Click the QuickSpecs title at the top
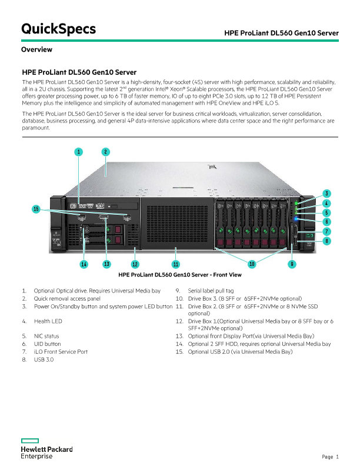click(x=58, y=29)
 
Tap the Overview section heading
click(x=36, y=49)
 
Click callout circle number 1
click(x=78, y=152)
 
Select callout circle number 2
click(x=105, y=152)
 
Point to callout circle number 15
click(x=36, y=209)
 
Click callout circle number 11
click(x=175, y=264)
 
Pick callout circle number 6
click(x=326, y=221)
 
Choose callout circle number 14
click(x=84, y=264)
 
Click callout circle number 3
click(x=326, y=194)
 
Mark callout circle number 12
click(x=135, y=264)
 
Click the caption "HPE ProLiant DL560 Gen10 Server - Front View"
click(x=180, y=275)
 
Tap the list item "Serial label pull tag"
click(x=211, y=291)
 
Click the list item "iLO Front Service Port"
click(x=61, y=351)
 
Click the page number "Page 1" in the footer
click(x=331, y=457)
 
